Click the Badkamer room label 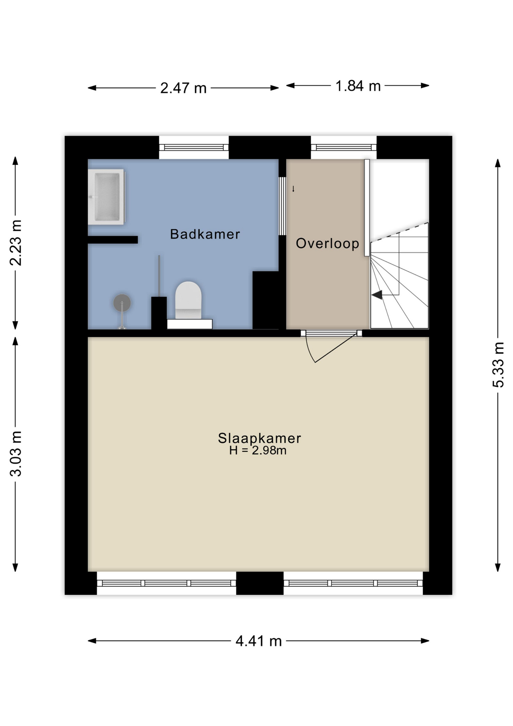[205, 234]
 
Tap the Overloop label [327, 244]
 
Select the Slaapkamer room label [260, 438]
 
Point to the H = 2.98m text [258, 450]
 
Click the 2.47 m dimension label [183, 88]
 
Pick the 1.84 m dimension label [358, 86]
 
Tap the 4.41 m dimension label [259, 641]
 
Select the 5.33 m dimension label [498, 365]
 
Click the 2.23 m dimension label [16, 242]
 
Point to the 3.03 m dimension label [16, 453]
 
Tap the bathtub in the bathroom [106, 197]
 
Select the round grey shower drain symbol [122, 303]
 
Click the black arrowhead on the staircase [377, 295]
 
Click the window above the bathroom [194, 147]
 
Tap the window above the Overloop [344, 147]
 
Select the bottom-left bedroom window [167, 583]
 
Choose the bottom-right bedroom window [353, 583]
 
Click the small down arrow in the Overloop [293, 189]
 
